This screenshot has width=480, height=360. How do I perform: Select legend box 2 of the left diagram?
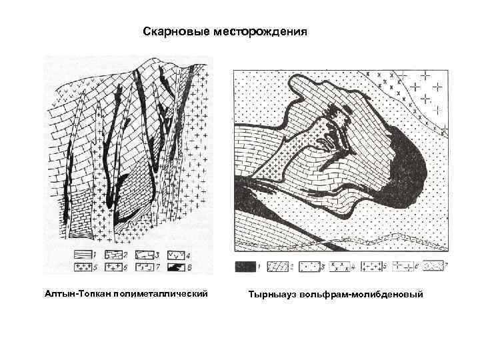[x=113, y=255]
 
